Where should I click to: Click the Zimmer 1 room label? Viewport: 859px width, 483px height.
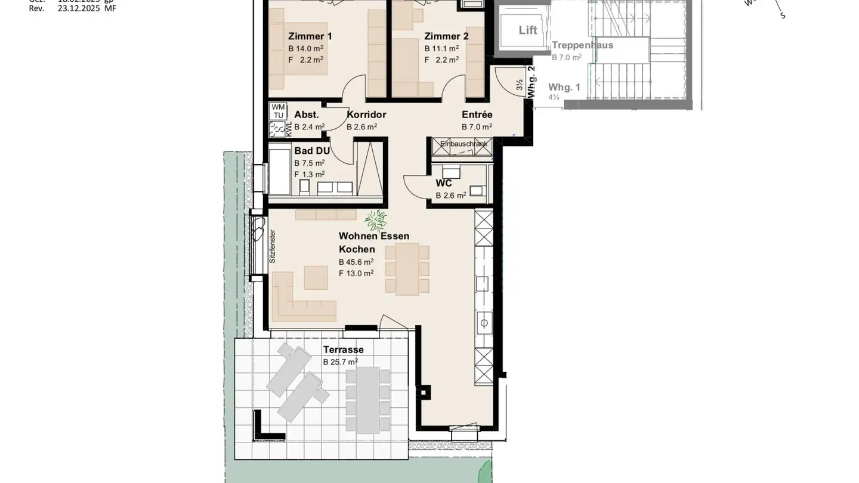click(310, 36)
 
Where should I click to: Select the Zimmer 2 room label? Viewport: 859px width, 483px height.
click(446, 36)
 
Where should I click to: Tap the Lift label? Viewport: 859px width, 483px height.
click(527, 30)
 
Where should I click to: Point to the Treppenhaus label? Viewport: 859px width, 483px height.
click(582, 45)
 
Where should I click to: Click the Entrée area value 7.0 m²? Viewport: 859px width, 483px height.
click(477, 127)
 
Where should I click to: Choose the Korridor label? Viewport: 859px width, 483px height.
click(366, 114)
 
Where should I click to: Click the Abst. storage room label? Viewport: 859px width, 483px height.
click(307, 114)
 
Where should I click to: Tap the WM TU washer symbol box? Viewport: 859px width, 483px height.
click(278, 111)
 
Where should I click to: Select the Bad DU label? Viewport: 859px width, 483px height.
click(311, 151)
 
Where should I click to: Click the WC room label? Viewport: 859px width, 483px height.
click(444, 183)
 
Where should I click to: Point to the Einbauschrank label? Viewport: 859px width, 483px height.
click(464, 144)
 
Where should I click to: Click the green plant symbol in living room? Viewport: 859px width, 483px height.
click(376, 221)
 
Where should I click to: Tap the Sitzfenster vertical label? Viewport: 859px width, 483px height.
click(272, 246)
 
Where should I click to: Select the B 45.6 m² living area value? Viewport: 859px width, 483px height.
click(356, 262)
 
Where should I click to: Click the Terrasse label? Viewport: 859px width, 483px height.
click(343, 350)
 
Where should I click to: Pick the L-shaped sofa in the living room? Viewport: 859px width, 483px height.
click(298, 301)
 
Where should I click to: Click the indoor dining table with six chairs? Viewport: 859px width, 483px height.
click(407, 268)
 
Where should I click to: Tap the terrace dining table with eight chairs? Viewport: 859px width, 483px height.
click(367, 400)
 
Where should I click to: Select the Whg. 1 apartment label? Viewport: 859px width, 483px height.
click(564, 87)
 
